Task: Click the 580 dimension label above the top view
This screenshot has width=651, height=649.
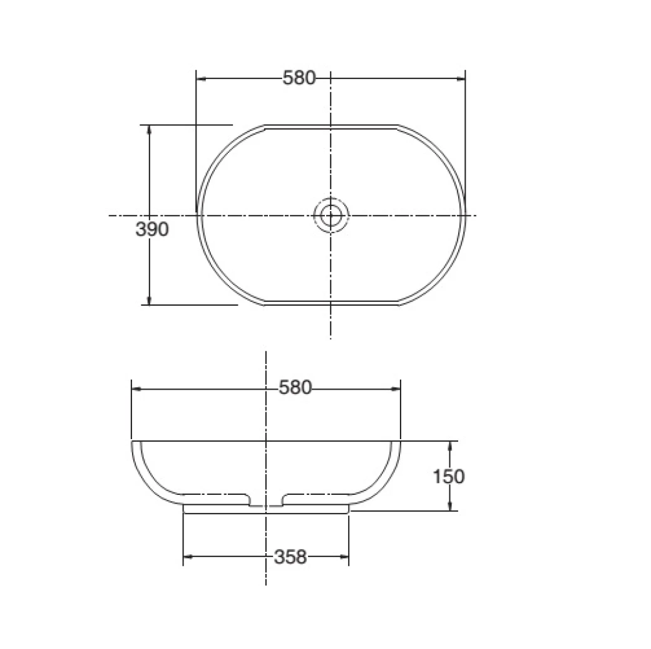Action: (x=299, y=78)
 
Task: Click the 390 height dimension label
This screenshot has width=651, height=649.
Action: (x=152, y=229)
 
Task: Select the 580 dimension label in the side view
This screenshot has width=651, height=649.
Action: (x=294, y=388)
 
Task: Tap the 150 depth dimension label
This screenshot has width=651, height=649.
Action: (x=449, y=477)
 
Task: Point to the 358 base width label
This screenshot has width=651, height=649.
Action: (x=290, y=556)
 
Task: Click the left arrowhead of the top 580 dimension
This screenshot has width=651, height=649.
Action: (x=201, y=78)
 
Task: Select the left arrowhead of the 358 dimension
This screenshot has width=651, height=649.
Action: (x=187, y=556)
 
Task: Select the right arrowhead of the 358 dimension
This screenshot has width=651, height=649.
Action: (x=345, y=556)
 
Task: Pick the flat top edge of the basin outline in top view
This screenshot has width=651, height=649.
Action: (x=331, y=126)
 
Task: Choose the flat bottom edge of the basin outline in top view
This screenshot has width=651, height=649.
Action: (x=331, y=304)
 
